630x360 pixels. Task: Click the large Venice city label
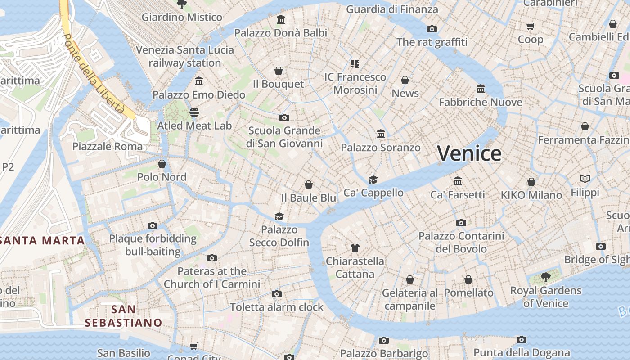tap(469, 154)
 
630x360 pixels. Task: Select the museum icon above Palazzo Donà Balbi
tap(281, 19)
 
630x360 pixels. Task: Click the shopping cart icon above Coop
tap(530, 26)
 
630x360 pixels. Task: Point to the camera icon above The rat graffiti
tap(432, 29)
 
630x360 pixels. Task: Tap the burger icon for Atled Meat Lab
tap(194, 112)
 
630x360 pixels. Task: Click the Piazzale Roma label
tap(108, 146)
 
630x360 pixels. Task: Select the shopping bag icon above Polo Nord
tap(162, 164)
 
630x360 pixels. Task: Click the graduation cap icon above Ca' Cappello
tap(373, 180)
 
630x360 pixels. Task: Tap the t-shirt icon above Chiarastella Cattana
tap(355, 247)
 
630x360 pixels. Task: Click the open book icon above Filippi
tap(585, 179)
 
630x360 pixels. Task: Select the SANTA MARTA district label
tap(43, 240)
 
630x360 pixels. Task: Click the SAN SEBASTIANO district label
tap(123, 316)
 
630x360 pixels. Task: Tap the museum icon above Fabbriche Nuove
tap(481, 89)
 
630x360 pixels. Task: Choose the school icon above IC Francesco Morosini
tap(355, 64)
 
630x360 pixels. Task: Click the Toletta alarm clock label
tap(277, 307)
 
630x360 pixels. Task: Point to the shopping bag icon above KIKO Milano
tap(531, 182)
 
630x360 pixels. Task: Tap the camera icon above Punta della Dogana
tap(522, 339)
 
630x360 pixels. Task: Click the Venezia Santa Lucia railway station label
tap(185, 56)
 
